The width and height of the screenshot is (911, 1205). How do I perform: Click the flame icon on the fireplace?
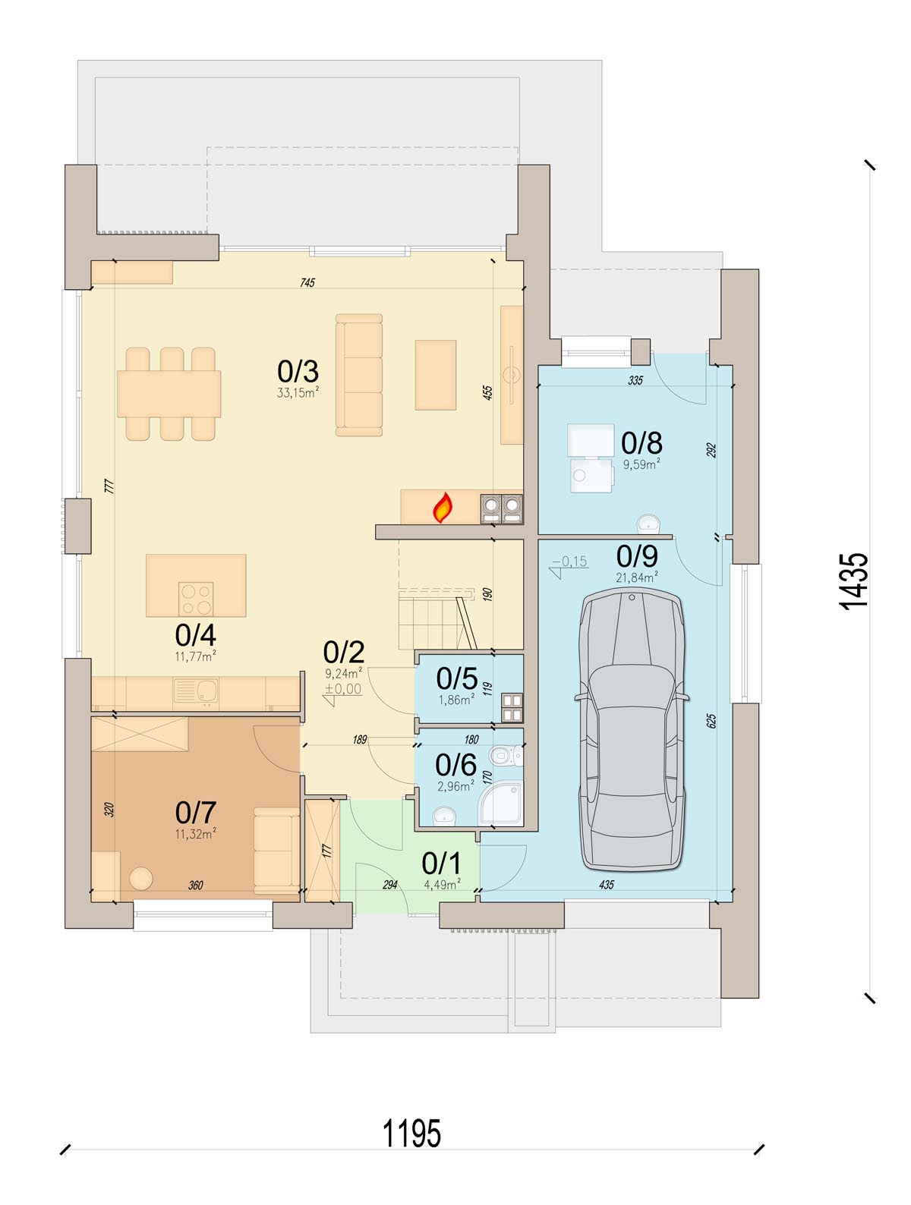pyautogui.click(x=443, y=508)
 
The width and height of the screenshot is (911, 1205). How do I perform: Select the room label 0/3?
pyautogui.click(x=298, y=372)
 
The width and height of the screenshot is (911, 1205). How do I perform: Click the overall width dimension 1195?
pyautogui.click(x=411, y=1134)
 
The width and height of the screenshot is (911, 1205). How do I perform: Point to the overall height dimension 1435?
pyautogui.click(x=854, y=581)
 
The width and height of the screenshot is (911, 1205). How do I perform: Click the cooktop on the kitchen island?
pyautogui.click(x=196, y=599)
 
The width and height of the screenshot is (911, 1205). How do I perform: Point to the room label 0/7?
pyautogui.click(x=196, y=812)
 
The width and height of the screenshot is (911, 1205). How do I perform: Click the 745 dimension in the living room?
pyautogui.click(x=307, y=282)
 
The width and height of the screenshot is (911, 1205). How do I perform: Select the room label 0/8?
pyautogui.click(x=641, y=443)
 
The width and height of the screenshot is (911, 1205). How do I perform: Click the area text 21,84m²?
pyautogui.click(x=637, y=577)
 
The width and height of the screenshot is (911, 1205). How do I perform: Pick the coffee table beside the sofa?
pyautogui.click(x=436, y=375)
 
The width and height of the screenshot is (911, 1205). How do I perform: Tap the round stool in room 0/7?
pyautogui.click(x=141, y=879)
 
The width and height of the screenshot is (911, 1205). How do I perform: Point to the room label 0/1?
pyautogui.click(x=441, y=864)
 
